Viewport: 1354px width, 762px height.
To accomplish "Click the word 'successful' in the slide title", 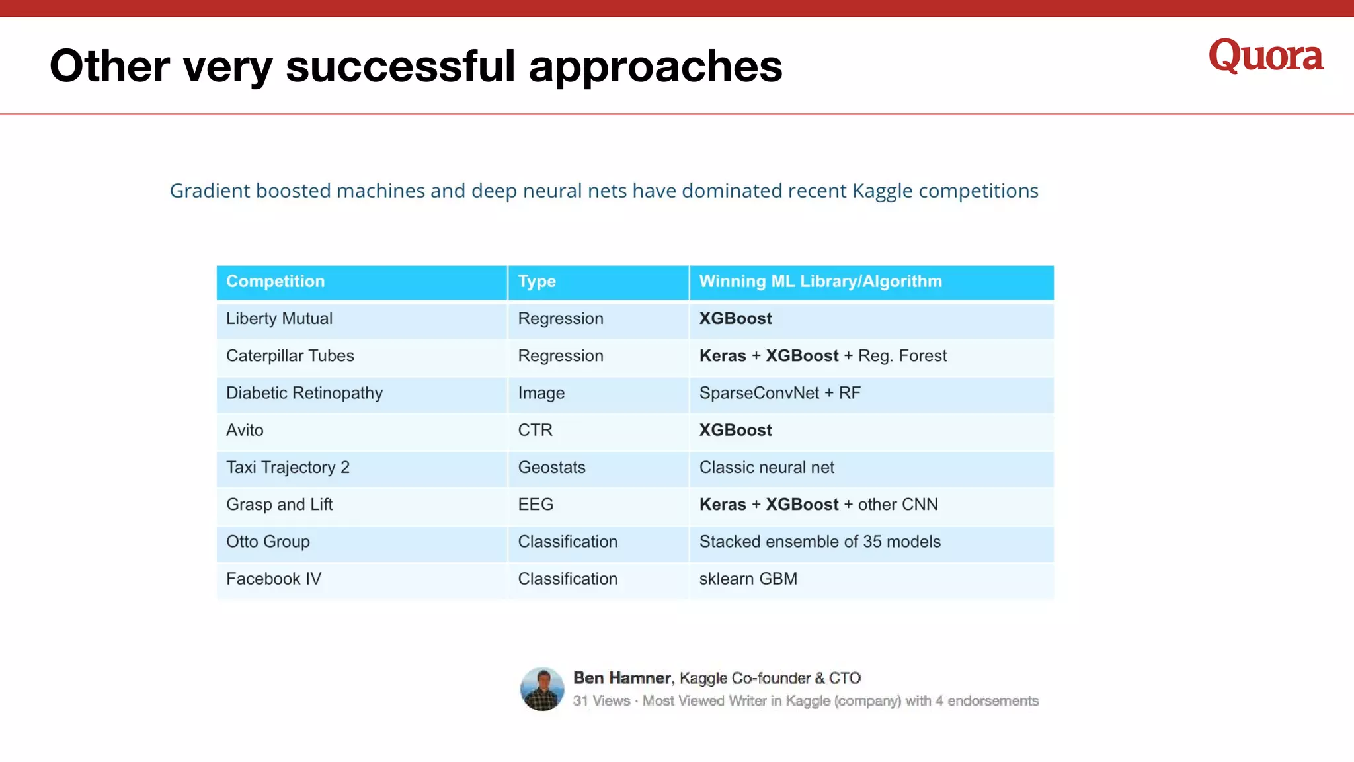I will coord(400,66).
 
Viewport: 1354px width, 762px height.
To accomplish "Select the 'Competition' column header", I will coord(275,282).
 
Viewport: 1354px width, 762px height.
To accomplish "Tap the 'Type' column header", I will coord(536,282).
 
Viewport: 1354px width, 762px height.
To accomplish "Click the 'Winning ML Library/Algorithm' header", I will coord(820,282).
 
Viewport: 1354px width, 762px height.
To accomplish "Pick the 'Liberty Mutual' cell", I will coord(279,319).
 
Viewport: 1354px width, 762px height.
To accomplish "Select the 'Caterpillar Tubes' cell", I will coord(290,356).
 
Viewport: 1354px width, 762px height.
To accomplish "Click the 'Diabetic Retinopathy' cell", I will coord(304,393).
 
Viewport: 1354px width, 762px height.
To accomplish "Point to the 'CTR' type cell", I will coord(535,431).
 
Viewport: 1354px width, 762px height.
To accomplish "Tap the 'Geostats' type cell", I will coord(551,468).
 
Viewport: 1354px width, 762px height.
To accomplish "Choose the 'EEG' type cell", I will coord(536,505).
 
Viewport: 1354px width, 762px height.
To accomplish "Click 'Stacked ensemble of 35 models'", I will coord(819,542).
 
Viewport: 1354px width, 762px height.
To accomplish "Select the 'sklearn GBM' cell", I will coord(748,579).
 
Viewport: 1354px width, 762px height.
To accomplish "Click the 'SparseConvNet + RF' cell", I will coord(779,393).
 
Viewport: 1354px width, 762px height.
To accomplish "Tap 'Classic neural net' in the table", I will coord(766,468).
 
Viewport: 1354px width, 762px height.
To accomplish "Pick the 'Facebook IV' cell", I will coord(273,579).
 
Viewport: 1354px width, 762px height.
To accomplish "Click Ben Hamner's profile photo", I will coord(542,689).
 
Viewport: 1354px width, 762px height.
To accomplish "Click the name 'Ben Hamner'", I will coord(621,678).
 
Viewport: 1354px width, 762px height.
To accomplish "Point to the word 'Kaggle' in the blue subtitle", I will coord(882,191).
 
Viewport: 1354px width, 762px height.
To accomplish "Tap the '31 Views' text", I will coord(601,701).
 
